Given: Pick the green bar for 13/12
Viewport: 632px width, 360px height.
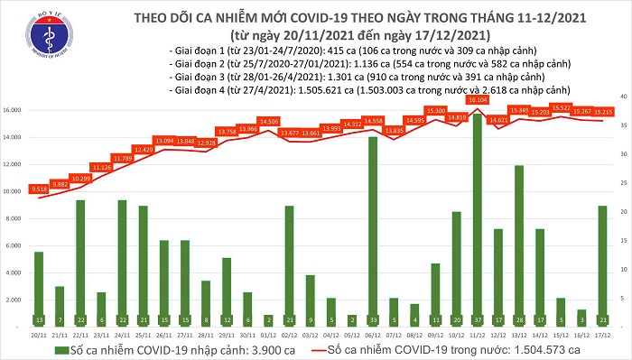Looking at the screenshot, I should pos(518,239).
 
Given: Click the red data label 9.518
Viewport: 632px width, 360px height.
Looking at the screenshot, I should pos(39,189).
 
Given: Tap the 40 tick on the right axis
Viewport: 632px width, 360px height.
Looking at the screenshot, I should pos(622,95).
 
